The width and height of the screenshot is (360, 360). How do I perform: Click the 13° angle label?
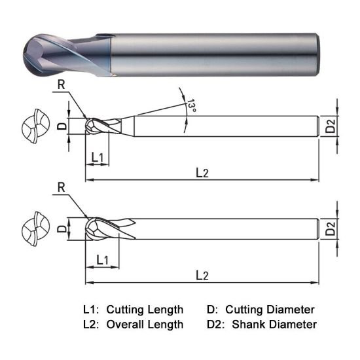click(x=190, y=105)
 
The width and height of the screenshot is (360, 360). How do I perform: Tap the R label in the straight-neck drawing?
click(x=61, y=187)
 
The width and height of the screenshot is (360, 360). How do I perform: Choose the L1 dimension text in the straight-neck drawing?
click(x=102, y=261)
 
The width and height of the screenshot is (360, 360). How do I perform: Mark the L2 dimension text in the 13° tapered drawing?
click(x=202, y=171)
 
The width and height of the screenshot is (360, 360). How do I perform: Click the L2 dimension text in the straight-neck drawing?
click(x=202, y=275)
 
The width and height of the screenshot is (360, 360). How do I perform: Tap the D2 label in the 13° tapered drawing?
click(x=331, y=125)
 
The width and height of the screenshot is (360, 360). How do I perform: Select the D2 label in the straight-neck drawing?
click(x=331, y=228)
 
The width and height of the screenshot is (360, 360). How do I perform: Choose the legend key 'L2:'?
click(x=92, y=324)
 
